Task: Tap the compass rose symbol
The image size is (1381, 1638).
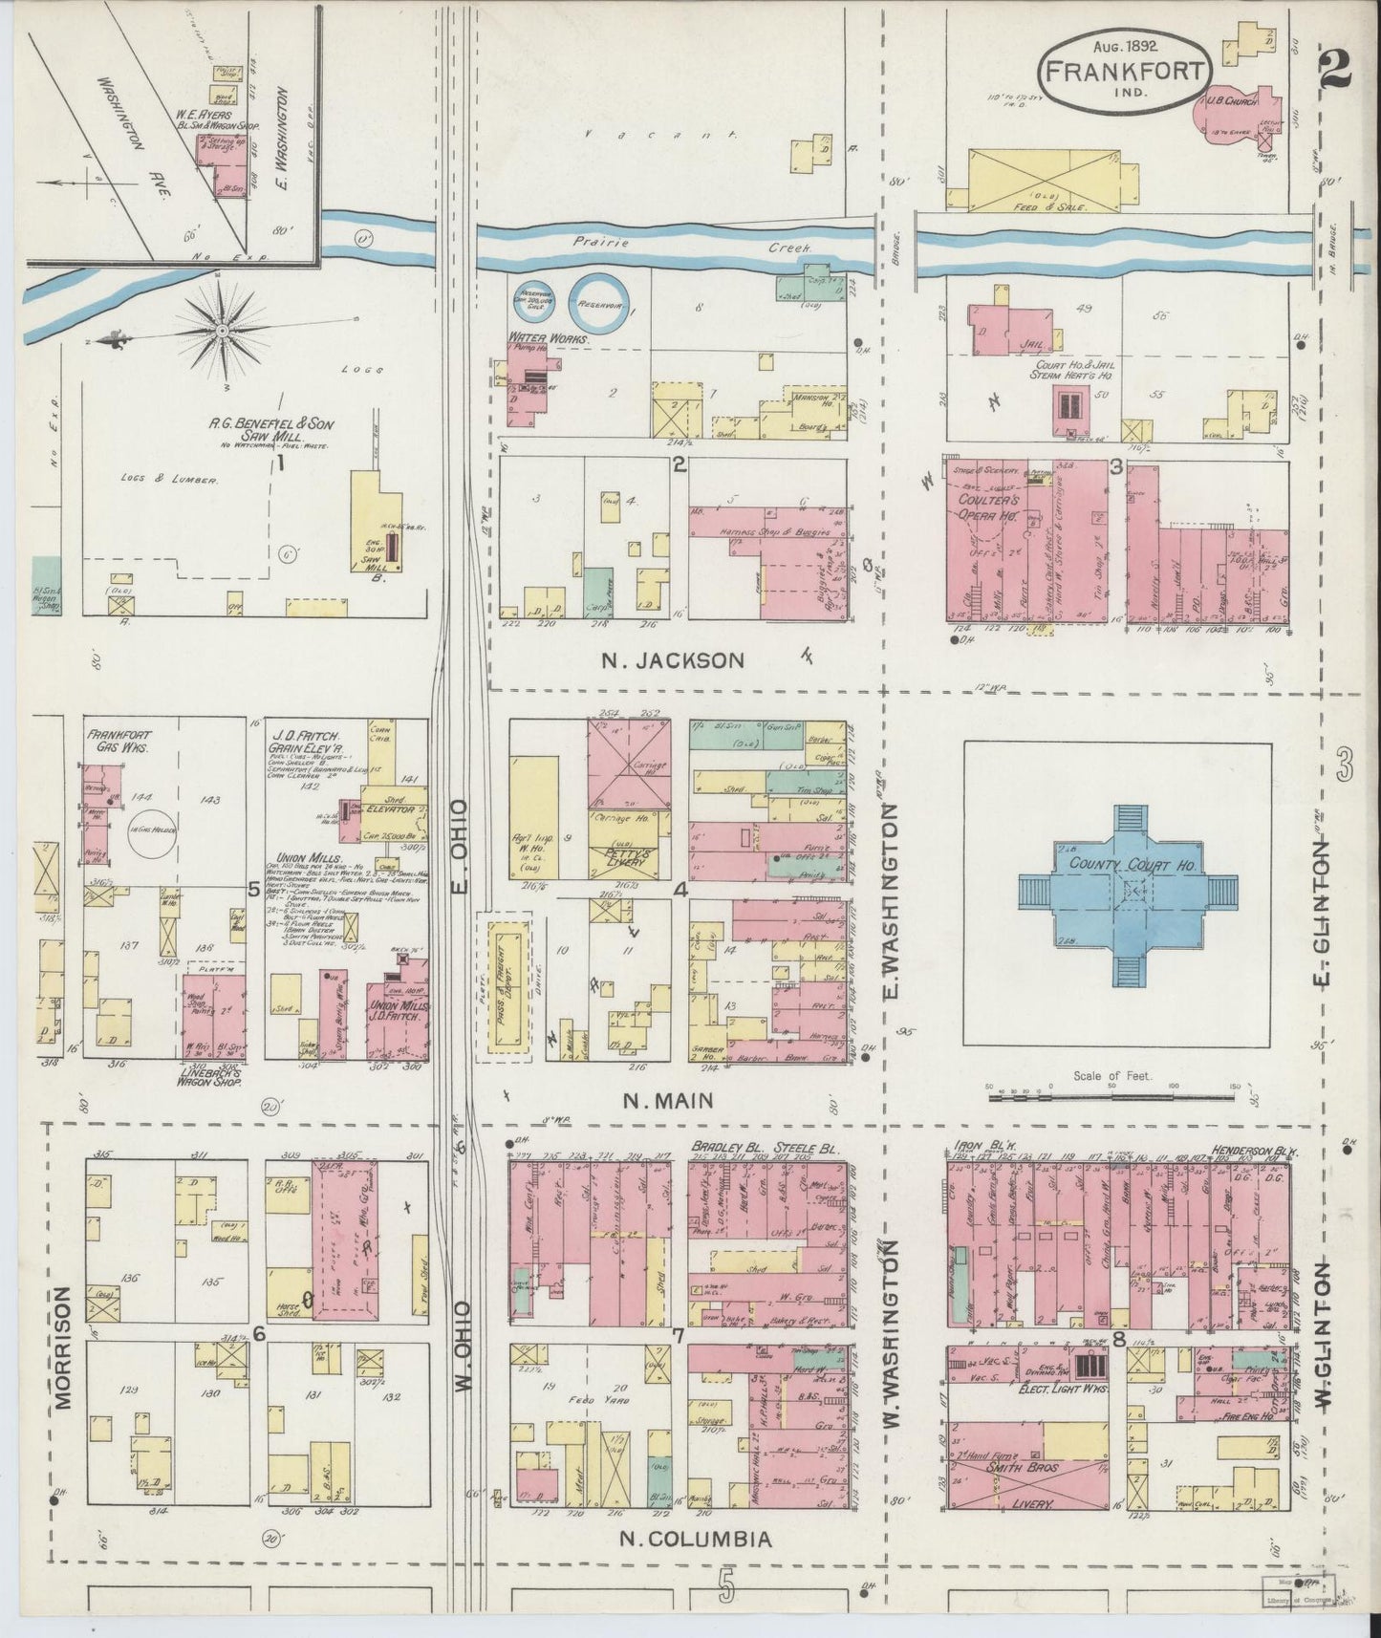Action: (x=222, y=331)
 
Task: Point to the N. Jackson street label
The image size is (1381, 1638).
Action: (x=673, y=659)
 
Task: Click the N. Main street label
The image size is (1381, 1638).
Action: (x=668, y=1100)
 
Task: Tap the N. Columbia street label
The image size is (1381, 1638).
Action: (x=695, y=1539)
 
